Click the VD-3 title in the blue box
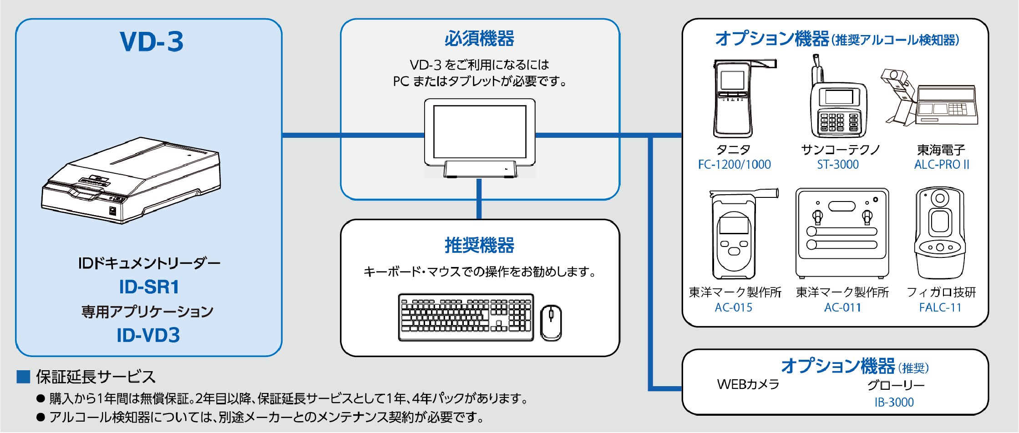(x=152, y=42)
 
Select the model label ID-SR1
(x=149, y=287)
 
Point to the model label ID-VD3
(x=148, y=335)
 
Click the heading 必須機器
(x=479, y=39)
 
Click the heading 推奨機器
(x=479, y=245)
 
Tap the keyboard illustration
(x=466, y=317)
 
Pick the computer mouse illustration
(x=551, y=322)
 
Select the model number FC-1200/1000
(x=734, y=165)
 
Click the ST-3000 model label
(x=837, y=165)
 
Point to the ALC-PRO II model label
(x=941, y=165)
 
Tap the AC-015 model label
(x=733, y=308)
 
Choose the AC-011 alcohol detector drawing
(x=842, y=233)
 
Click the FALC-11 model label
(x=940, y=308)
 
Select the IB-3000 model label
(x=894, y=403)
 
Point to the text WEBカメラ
(x=748, y=384)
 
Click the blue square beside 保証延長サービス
(x=23, y=377)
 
